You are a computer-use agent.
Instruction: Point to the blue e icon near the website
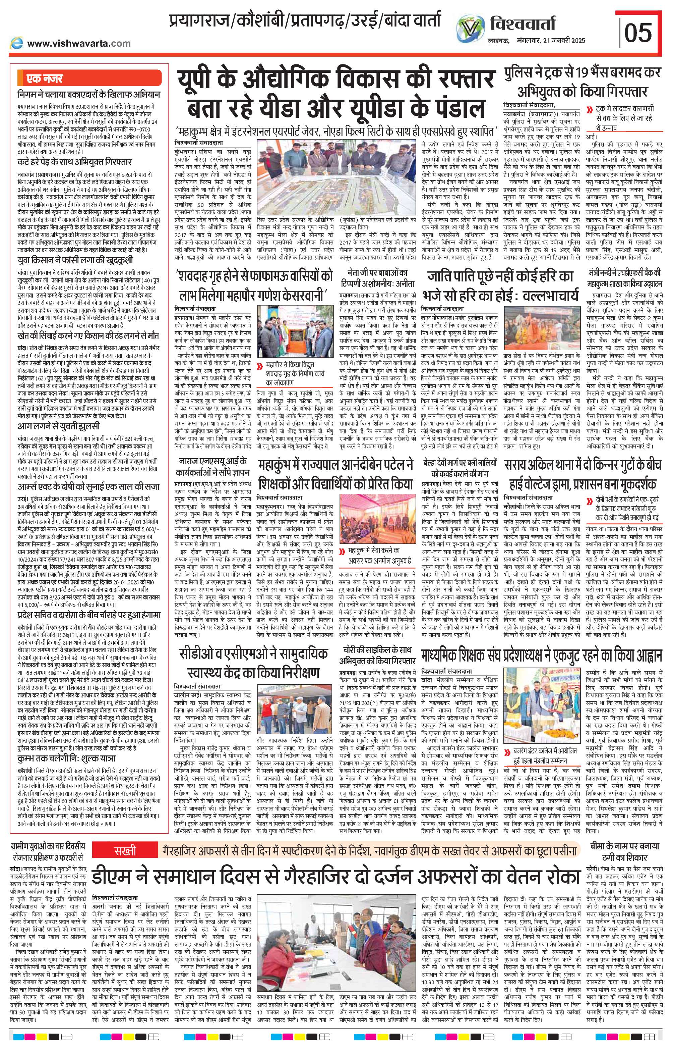click(17, 43)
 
